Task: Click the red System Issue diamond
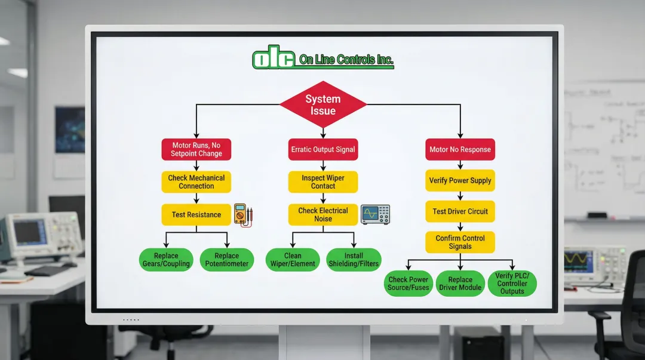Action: tap(322, 105)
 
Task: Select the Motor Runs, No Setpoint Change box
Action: tap(196, 149)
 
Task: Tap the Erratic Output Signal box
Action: tap(322, 149)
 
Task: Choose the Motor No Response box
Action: tap(460, 149)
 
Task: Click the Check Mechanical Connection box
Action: tap(196, 182)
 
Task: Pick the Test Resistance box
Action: tap(196, 215)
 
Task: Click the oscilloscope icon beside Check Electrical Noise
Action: tap(375, 214)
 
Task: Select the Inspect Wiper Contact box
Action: tap(322, 182)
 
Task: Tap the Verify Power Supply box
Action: tap(460, 180)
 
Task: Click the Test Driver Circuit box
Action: tap(460, 211)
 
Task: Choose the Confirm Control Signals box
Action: tap(460, 242)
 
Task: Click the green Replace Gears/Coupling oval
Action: tap(166, 260)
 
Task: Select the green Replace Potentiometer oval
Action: tap(226, 260)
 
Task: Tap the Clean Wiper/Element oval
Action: tap(293, 260)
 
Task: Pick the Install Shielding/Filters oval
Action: tap(354, 260)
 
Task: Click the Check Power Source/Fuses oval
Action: tap(408, 284)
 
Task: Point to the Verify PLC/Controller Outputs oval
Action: tap(512, 284)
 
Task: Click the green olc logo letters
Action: tap(274, 59)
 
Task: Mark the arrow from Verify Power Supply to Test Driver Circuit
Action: tap(460, 196)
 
